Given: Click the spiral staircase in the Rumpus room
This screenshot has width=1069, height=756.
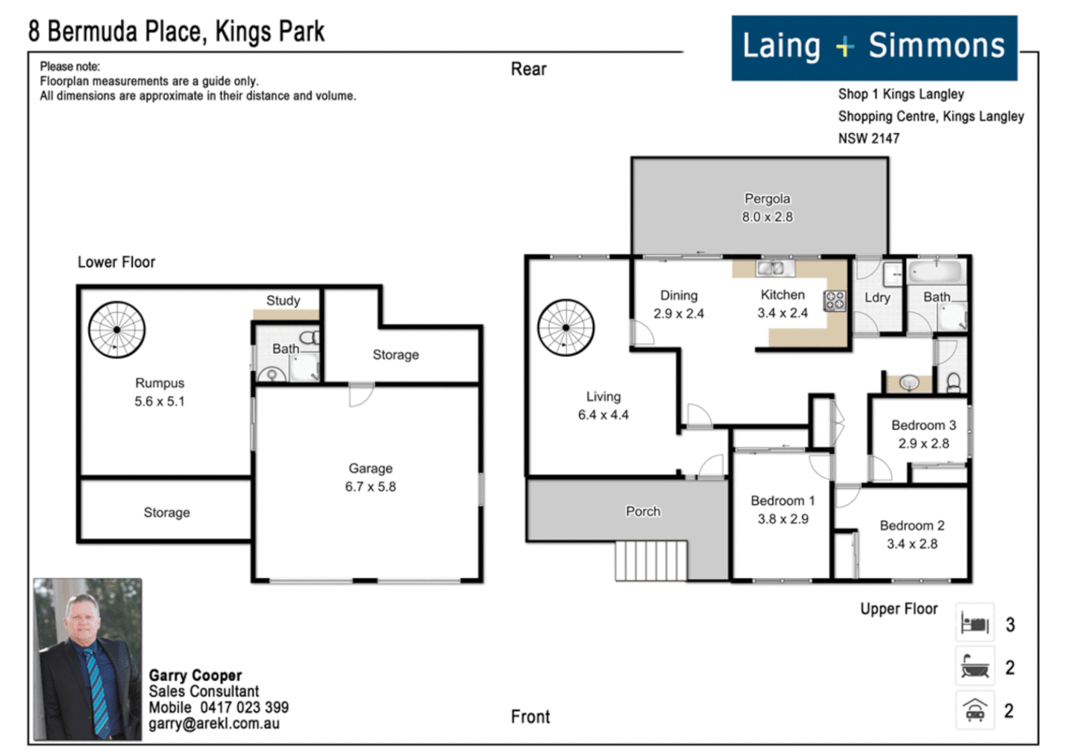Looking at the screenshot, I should click(x=117, y=330).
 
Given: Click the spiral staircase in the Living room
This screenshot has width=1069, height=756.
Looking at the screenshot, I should click(x=565, y=328).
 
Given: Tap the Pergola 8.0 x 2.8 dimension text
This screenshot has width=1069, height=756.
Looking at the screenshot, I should click(x=767, y=217).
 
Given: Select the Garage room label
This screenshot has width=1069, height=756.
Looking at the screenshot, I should click(x=370, y=468).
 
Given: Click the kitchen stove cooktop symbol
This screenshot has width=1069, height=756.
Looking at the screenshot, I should click(x=835, y=300).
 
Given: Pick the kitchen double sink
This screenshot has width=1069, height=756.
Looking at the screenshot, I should click(x=774, y=267).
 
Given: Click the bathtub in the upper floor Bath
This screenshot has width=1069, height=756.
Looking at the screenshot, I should click(x=935, y=271).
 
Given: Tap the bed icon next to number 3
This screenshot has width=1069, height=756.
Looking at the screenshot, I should click(x=975, y=623).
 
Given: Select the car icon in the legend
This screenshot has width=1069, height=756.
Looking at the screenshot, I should click(x=975, y=710).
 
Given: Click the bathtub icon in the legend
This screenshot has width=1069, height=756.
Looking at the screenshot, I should click(x=975, y=666).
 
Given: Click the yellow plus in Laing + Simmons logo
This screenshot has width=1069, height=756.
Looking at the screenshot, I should click(x=844, y=47).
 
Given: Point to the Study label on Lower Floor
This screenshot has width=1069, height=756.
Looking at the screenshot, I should click(x=283, y=300).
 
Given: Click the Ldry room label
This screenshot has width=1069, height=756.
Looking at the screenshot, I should click(x=877, y=297).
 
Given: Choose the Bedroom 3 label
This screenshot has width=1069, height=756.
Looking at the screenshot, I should click(x=923, y=425).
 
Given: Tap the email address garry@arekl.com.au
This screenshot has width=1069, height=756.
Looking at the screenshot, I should click(x=213, y=724).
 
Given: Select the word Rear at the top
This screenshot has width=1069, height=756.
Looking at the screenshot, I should click(x=528, y=69).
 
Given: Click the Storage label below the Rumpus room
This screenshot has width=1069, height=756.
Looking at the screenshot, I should click(x=167, y=512).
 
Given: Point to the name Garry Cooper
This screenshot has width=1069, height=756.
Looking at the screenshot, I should click(x=195, y=675).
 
